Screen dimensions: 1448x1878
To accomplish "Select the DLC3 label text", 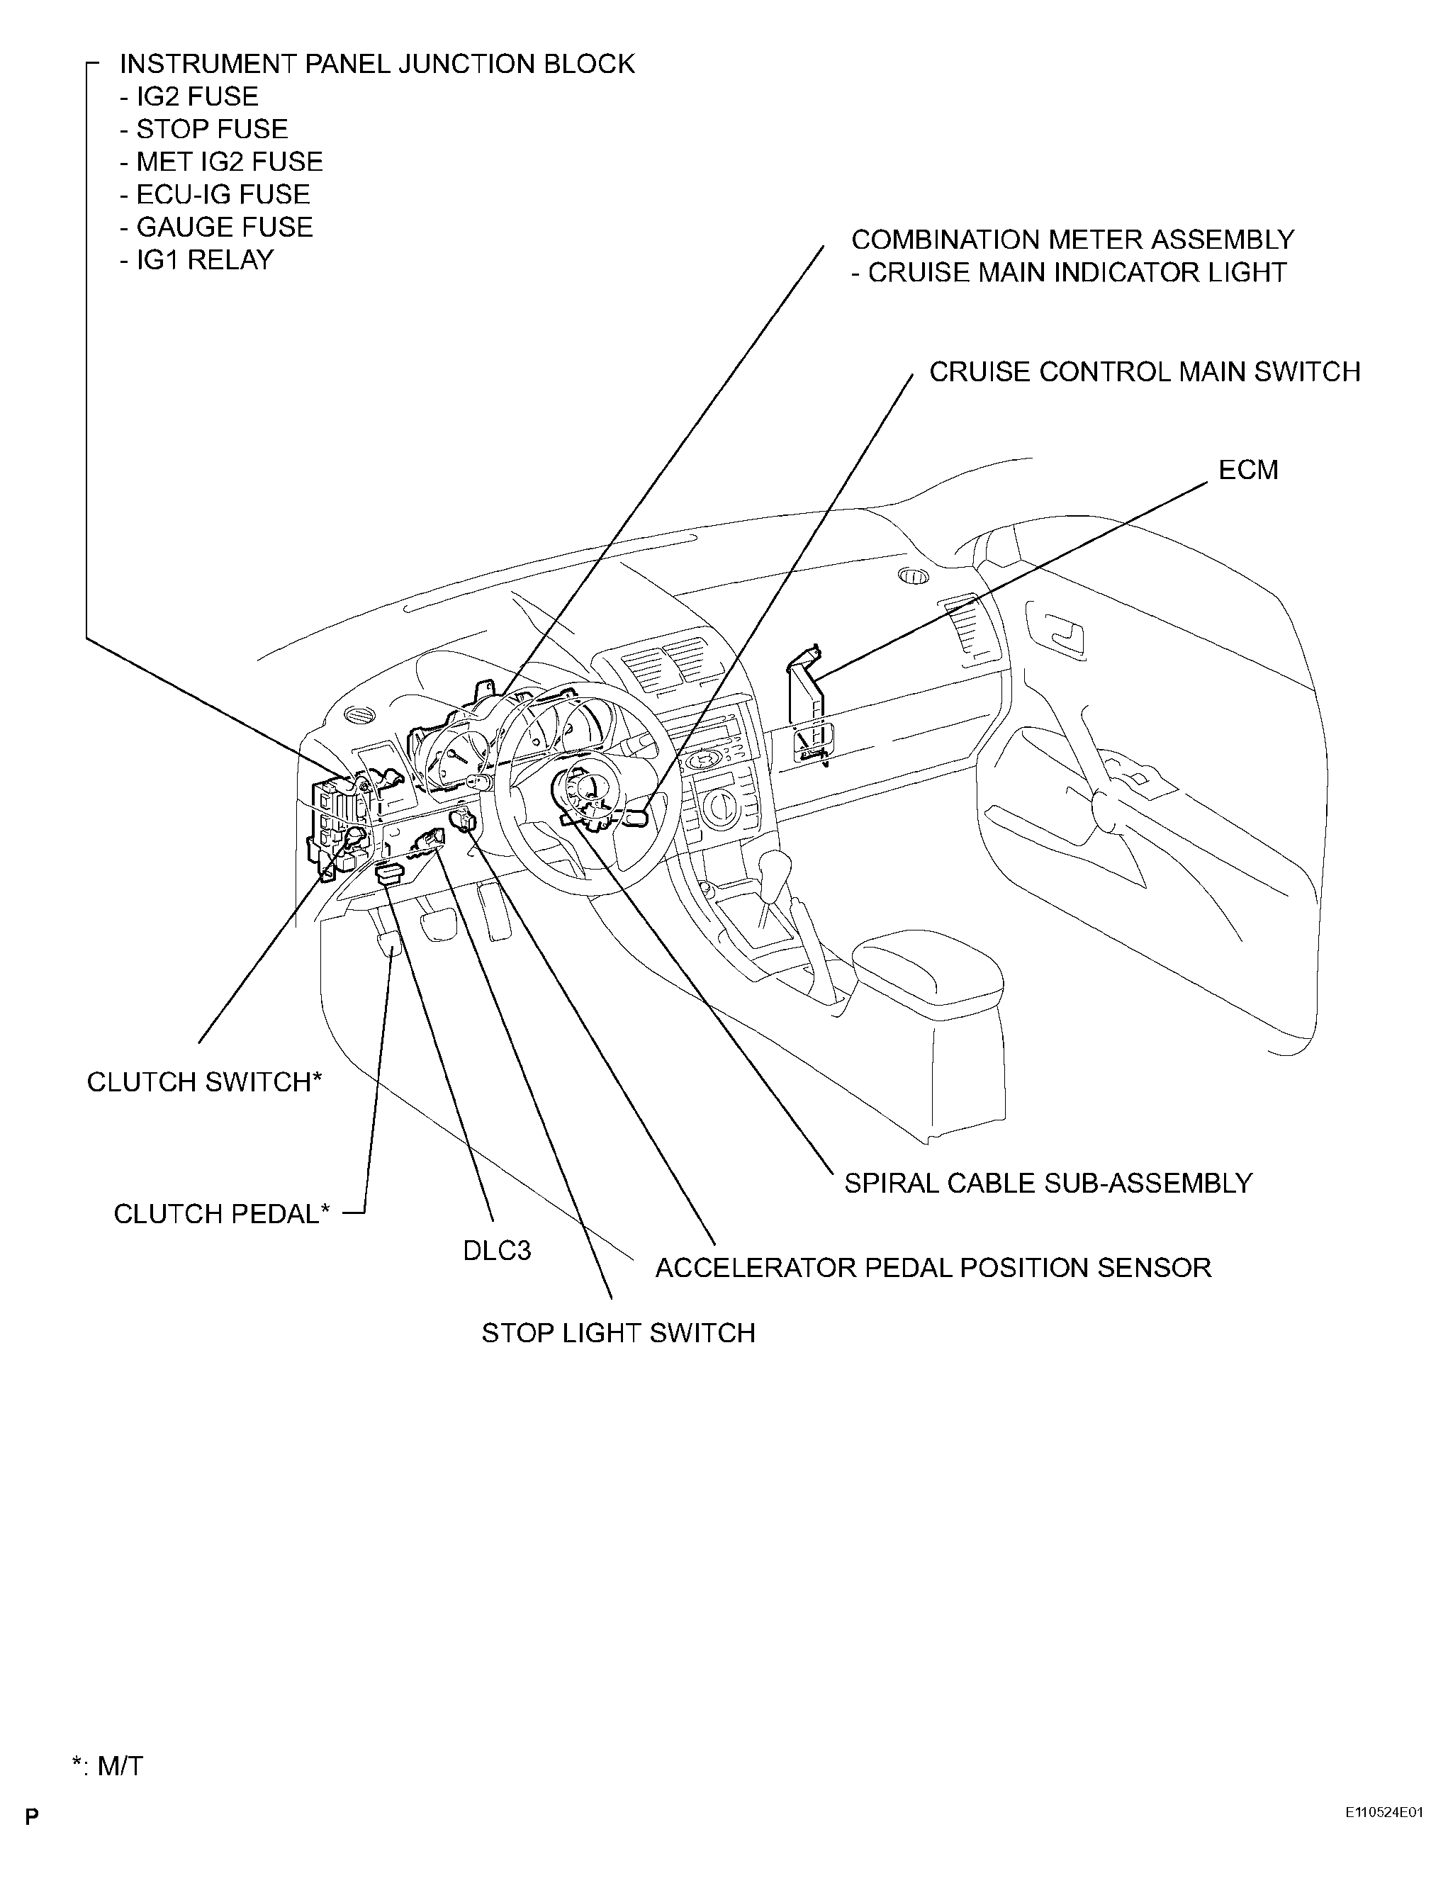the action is tap(497, 1249).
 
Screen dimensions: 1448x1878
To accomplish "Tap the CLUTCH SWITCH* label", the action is tap(204, 1081).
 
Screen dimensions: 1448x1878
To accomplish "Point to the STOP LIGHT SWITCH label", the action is tap(618, 1333).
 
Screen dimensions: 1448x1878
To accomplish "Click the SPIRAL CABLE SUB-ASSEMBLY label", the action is tap(1048, 1183).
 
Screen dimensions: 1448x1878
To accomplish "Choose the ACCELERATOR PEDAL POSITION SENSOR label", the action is tap(933, 1268).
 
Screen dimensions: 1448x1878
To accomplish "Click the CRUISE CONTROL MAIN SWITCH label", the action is tap(1145, 371).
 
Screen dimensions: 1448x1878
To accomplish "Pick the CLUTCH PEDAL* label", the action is tap(222, 1214).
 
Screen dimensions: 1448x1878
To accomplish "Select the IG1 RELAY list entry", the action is tap(197, 259).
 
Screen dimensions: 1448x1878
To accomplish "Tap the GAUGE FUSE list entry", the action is tap(217, 227).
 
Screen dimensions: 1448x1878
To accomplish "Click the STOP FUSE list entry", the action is tap(204, 129).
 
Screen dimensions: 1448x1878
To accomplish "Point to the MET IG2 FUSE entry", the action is tap(221, 162).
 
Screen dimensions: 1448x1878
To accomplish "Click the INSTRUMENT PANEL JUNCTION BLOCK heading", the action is tap(378, 64).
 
